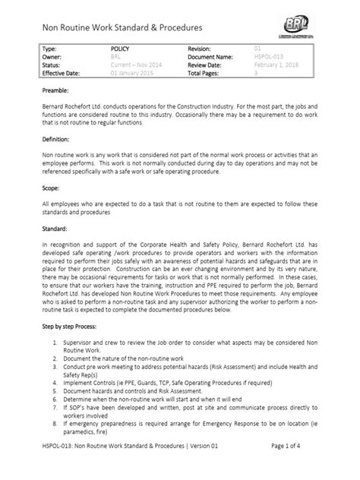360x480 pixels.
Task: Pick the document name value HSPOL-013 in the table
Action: pos(270,55)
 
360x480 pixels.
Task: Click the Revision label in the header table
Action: pos(203,48)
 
